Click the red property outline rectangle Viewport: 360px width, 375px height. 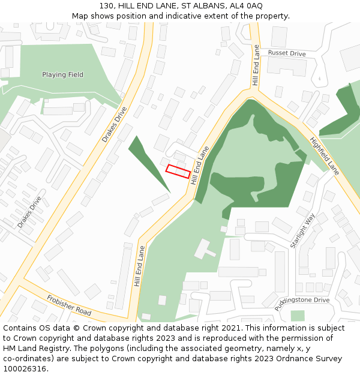178,171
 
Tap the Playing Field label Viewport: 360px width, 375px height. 62,75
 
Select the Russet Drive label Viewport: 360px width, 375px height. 287,53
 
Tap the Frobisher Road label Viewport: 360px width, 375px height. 69,305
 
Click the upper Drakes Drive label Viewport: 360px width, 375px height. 114,124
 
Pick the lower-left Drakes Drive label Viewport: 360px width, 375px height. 29,212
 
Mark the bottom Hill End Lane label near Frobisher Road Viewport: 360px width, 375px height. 139,265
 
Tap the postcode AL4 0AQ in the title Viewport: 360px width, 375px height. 246,5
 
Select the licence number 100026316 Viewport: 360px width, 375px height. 24,369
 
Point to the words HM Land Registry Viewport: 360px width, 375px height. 32,349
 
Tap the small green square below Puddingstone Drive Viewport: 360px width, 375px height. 298,316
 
